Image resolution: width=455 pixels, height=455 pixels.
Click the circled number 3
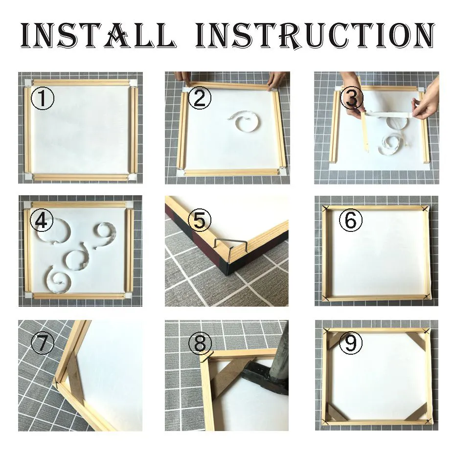[x=351, y=98]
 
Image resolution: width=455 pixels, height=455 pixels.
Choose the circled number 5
[x=199, y=221]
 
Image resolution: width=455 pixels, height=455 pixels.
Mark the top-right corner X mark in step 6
[x=425, y=208]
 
